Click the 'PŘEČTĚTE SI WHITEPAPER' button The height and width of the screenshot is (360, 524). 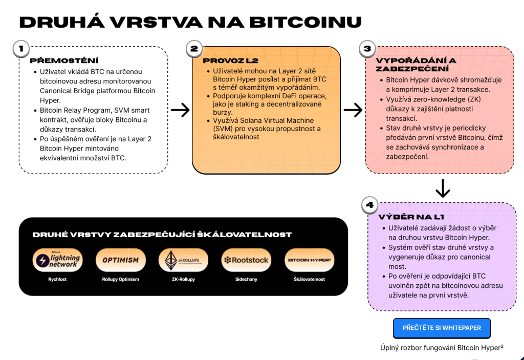click(x=442, y=328)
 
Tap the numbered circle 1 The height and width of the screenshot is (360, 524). click(x=20, y=49)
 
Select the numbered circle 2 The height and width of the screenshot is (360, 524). click(x=194, y=49)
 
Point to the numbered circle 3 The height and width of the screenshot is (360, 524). click(x=367, y=49)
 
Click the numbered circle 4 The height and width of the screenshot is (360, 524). click(x=369, y=205)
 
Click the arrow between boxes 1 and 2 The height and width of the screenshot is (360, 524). click(x=180, y=110)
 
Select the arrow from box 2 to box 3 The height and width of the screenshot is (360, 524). click(x=353, y=110)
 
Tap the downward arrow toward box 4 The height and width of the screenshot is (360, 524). click(x=443, y=188)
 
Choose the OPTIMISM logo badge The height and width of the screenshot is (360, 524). click(x=120, y=260)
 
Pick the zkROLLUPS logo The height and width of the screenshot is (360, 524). click(x=183, y=260)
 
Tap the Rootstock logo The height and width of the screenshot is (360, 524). click(x=246, y=260)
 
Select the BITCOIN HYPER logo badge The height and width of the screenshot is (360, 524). click(x=309, y=260)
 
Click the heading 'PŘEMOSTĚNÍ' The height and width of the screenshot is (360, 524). click(x=64, y=60)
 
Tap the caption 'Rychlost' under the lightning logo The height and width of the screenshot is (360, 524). click(x=57, y=280)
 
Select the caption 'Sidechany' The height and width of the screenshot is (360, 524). click(x=246, y=280)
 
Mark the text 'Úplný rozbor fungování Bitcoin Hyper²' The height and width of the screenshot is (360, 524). click(x=442, y=347)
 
